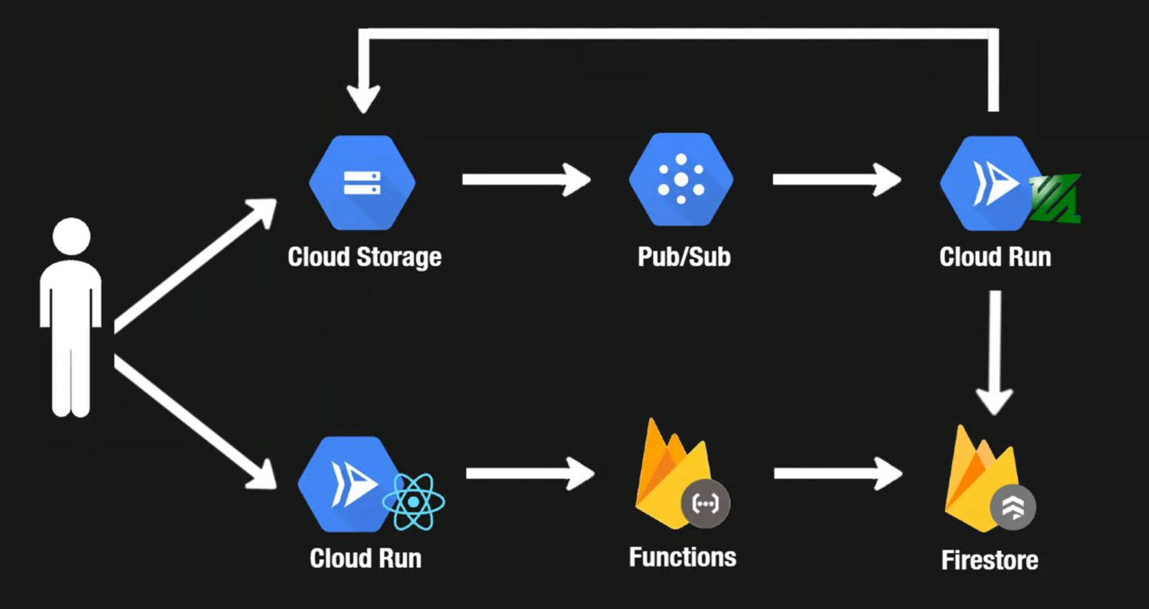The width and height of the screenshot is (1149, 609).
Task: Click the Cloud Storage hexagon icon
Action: click(x=362, y=182)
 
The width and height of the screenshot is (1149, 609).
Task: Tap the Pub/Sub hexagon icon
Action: click(x=681, y=180)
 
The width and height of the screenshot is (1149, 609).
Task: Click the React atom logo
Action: click(x=414, y=502)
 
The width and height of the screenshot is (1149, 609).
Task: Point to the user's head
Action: click(x=72, y=236)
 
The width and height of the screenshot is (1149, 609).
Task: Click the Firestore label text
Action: click(x=990, y=559)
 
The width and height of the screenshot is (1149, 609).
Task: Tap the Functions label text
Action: click(x=682, y=557)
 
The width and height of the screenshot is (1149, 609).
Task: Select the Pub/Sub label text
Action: click(x=684, y=256)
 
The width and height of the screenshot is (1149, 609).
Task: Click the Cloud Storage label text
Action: click(x=364, y=256)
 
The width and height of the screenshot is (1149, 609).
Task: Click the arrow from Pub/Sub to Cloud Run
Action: click(x=836, y=180)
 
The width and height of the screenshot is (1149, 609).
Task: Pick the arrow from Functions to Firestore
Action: click(x=837, y=473)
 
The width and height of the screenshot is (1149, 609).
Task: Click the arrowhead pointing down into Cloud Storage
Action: click(x=363, y=97)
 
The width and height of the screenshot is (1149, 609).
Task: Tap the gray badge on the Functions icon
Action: click(x=704, y=504)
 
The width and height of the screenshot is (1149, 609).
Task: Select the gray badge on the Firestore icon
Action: click(x=1013, y=507)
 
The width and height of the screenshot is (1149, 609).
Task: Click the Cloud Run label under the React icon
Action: click(x=365, y=558)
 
